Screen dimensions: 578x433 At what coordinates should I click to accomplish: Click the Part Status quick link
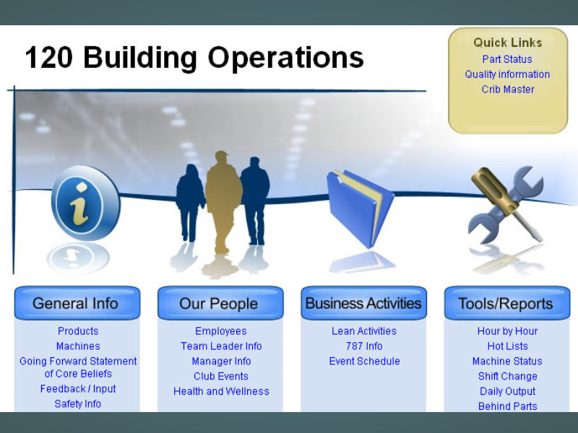tap(507, 59)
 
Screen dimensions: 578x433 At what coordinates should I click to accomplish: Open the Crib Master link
tap(508, 89)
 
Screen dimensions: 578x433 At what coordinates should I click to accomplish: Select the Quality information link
tap(507, 74)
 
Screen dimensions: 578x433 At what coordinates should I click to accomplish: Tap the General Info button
tap(77, 303)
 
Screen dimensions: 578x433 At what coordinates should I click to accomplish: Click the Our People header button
tap(220, 303)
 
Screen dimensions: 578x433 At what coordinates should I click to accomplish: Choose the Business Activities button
tap(364, 303)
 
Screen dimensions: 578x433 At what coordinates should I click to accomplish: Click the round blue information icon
tap(85, 203)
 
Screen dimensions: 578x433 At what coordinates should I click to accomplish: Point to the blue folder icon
tap(360, 208)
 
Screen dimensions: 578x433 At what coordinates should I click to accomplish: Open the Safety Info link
tap(78, 404)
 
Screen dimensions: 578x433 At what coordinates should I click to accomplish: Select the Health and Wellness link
tap(221, 391)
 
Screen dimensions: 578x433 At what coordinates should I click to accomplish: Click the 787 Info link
tap(364, 346)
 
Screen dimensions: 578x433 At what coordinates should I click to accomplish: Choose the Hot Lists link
tap(508, 346)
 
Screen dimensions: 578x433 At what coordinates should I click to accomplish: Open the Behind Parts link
tap(508, 406)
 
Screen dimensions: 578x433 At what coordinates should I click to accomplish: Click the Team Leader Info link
tap(221, 346)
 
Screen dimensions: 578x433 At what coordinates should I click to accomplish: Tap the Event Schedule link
tap(364, 362)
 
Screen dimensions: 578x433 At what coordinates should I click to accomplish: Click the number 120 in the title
tap(48, 58)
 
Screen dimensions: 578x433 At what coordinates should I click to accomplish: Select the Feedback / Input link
tap(78, 389)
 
